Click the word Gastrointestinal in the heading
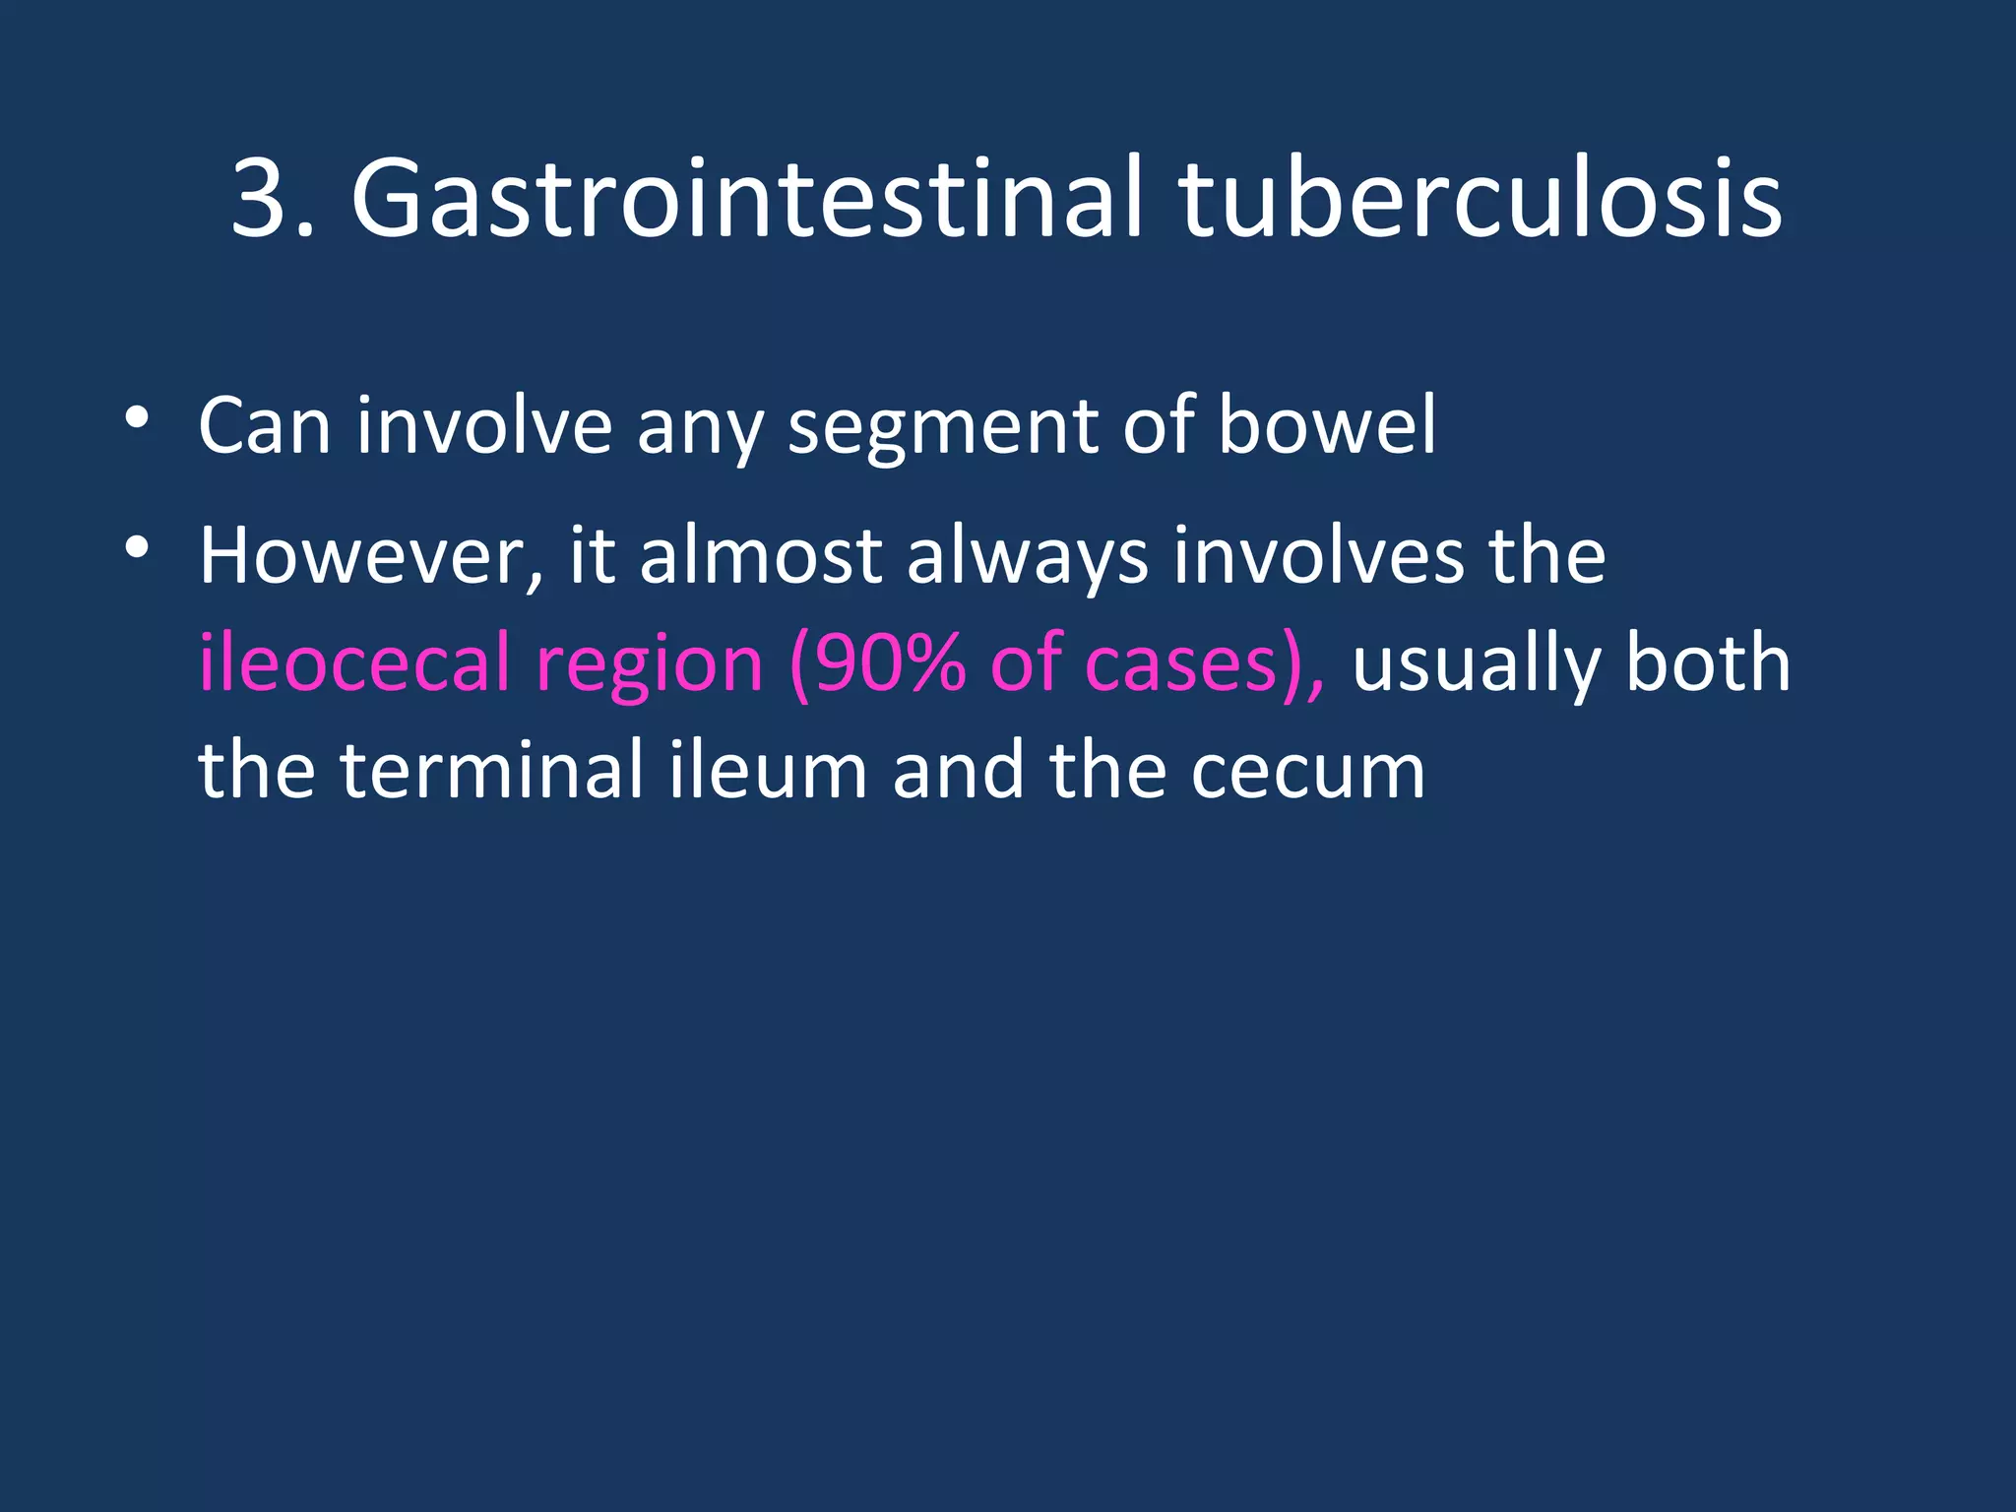click(x=747, y=200)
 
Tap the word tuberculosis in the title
click(x=1480, y=200)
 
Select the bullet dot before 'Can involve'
click(x=137, y=417)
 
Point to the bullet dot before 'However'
click(x=137, y=547)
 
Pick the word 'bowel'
click(x=1327, y=425)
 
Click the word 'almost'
click(x=761, y=557)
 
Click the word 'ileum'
click(x=769, y=770)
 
